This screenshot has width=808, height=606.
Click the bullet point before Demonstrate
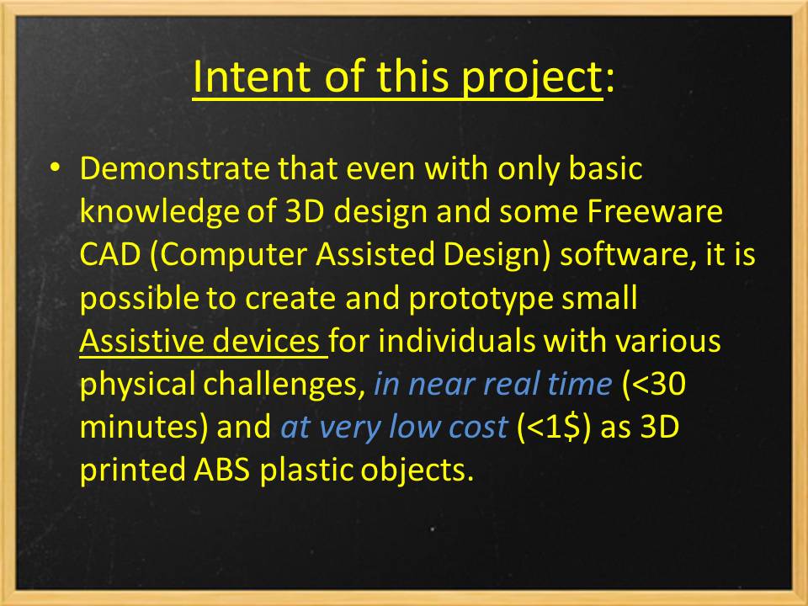point(56,168)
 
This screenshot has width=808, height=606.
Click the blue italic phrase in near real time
point(492,385)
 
